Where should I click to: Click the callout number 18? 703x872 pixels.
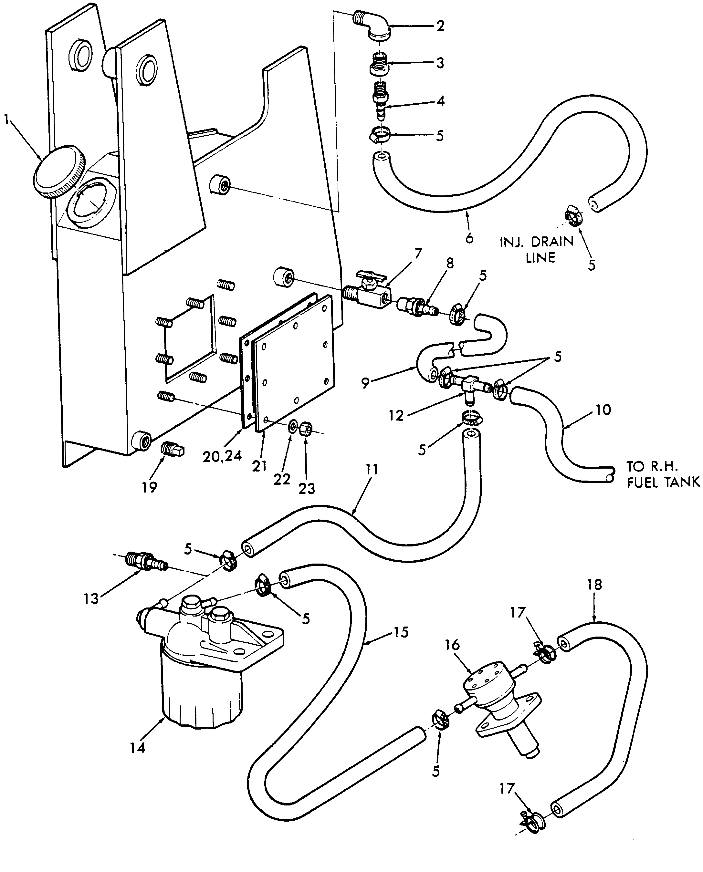[594, 585]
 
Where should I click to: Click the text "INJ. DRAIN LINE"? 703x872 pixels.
[537, 249]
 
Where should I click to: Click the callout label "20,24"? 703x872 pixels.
[222, 456]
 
